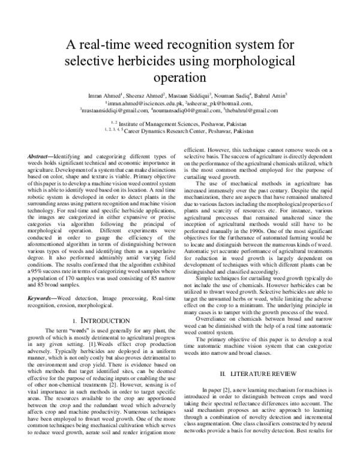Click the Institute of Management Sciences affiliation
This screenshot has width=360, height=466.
187,122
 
